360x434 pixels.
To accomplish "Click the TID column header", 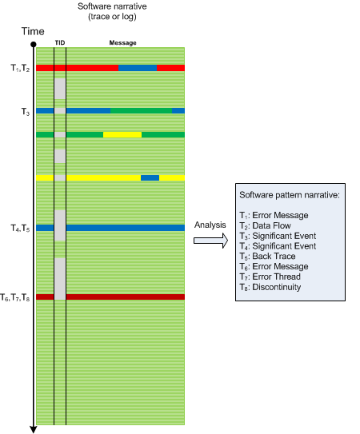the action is tap(60, 42).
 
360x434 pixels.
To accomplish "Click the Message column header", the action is tap(122, 42).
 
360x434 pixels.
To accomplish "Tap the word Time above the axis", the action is tap(33, 31).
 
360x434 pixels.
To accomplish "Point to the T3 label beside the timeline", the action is tap(26, 112).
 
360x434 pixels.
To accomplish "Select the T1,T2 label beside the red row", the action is tap(20, 68).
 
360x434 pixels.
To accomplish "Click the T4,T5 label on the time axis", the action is tap(20, 229).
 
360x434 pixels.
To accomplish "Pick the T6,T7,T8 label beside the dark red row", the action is tap(15, 297).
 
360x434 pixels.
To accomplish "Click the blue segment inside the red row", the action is tap(138, 68).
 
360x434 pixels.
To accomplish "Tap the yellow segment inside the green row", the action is tap(122, 135).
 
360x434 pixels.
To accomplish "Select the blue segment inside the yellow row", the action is tap(150, 177).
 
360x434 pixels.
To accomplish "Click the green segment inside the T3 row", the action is tap(141, 111).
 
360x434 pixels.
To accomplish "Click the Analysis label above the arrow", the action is tap(210, 225).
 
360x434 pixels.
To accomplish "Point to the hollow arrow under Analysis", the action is tap(210, 241).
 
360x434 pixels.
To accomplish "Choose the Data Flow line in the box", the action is tap(266, 226).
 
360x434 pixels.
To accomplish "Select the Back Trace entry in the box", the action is tap(267, 257).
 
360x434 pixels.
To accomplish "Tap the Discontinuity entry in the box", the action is tap(270, 287).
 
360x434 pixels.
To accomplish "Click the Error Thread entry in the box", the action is tap(270, 277).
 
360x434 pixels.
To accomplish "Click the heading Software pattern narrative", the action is tap(290, 195).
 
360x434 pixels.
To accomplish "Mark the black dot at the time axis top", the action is tap(34, 44).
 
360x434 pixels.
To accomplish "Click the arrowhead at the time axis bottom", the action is tap(34, 429).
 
